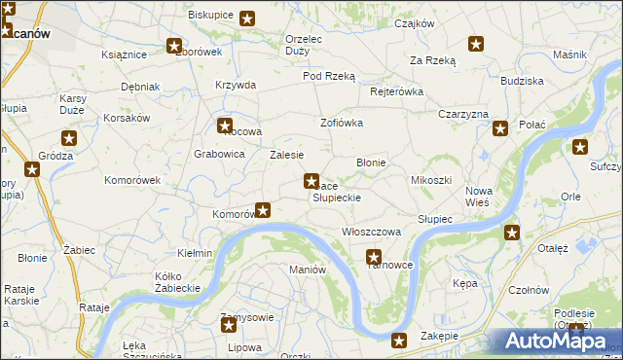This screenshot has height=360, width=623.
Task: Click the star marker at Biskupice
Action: (x=247, y=18)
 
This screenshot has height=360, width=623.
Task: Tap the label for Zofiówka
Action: (x=342, y=123)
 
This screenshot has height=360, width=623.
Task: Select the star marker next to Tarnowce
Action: (x=374, y=257)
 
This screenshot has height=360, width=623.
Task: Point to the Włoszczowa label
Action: (x=372, y=232)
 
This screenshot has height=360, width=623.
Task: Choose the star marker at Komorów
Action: (x=262, y=208)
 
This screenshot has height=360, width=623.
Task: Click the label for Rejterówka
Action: (x=397, y=91)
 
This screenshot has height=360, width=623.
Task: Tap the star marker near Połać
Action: (x=500, y=127)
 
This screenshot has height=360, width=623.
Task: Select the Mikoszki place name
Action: (x=431, y=180)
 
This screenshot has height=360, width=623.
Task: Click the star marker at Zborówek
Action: (x=174, y=45)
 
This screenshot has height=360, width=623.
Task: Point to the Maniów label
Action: (x=307, y=270)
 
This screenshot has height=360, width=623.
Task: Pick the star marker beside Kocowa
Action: (x=225, y=126)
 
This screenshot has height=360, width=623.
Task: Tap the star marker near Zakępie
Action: (x=398, y=340)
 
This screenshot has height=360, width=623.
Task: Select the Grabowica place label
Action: (x=219, y=154)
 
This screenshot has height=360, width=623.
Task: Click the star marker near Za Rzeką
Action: (x=476, y=43)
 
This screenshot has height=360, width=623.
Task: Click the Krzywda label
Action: (x=236, y=85)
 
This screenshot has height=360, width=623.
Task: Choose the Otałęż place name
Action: (x=553, y=248)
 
